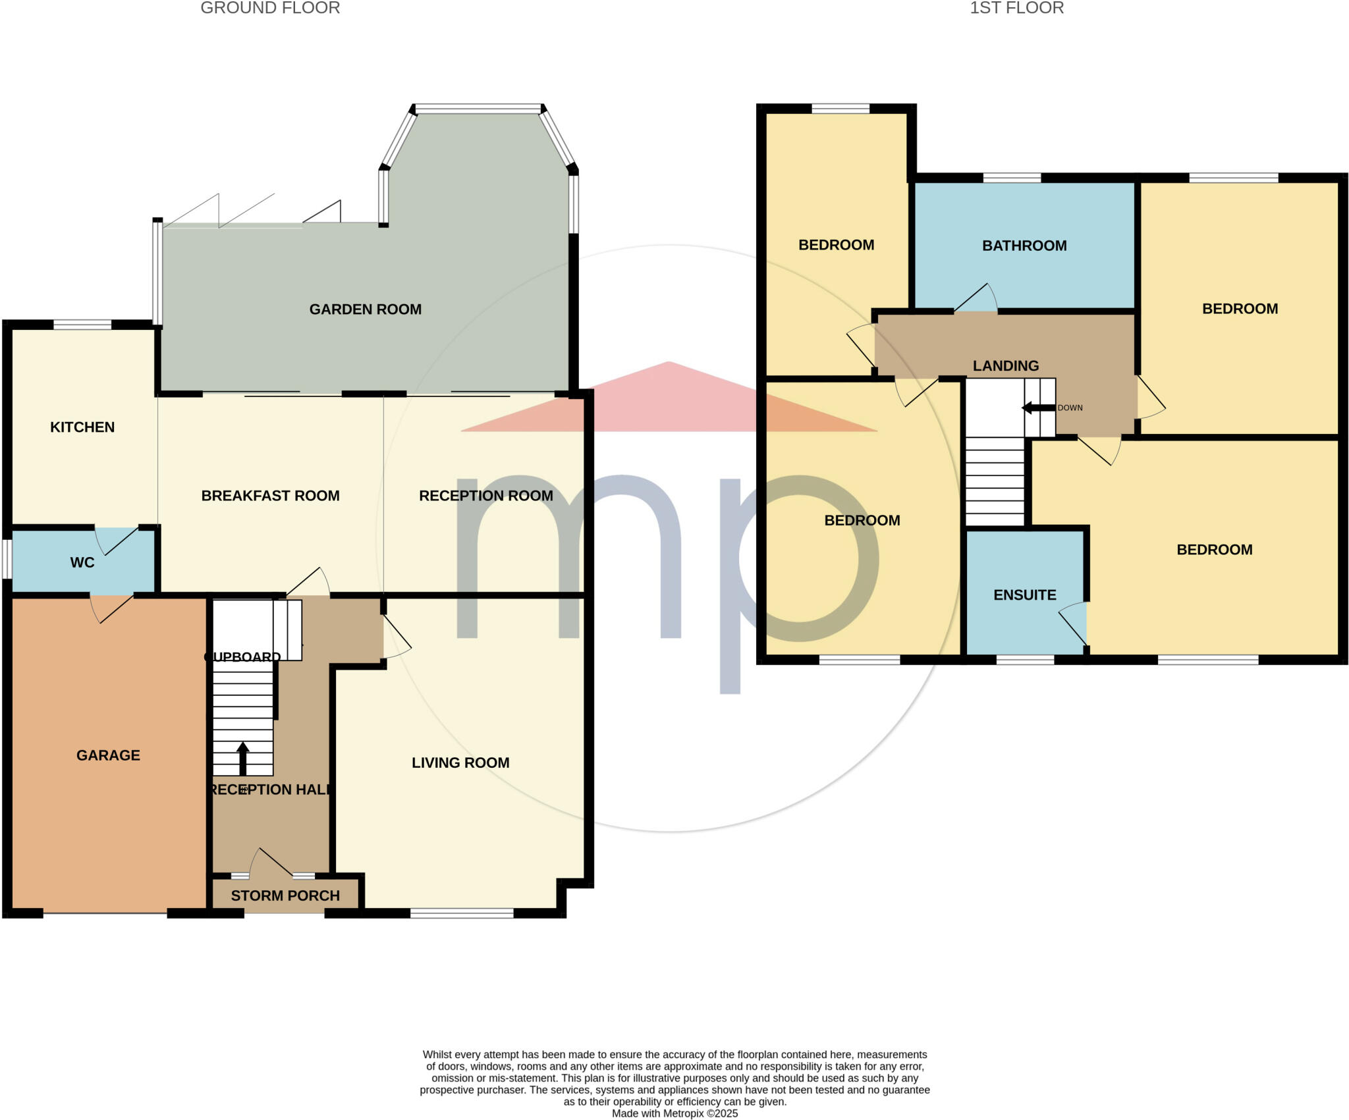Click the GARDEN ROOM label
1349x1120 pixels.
click(x=365, y=309)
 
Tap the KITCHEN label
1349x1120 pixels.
click(x=82, y=427)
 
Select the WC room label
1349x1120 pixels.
click(x=82, y=562)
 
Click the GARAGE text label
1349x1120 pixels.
click(x=108, y=755)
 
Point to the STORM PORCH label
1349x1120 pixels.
click(x=285, y=895)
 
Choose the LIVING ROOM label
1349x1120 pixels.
click(x=460, y=762)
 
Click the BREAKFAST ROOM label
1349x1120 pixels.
click(x=270, y=495)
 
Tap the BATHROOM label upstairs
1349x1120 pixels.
click(x=1024, y=246)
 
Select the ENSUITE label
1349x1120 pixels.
click(x=1024, y=595)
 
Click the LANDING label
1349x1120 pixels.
click(x=1006, y=365)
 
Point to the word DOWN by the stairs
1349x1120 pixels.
click(x=1070, y=408)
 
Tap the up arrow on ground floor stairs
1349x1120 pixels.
click(x=242, y=757)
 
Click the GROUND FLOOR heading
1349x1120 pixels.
click(x=270, y=8)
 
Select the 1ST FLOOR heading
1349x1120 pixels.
click(x=1016, y=8)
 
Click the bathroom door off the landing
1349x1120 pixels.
click(x=976, y=298)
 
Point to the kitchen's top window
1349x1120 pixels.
click(x=82, y=324)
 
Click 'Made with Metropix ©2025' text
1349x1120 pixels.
click(x=674, y=1113)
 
